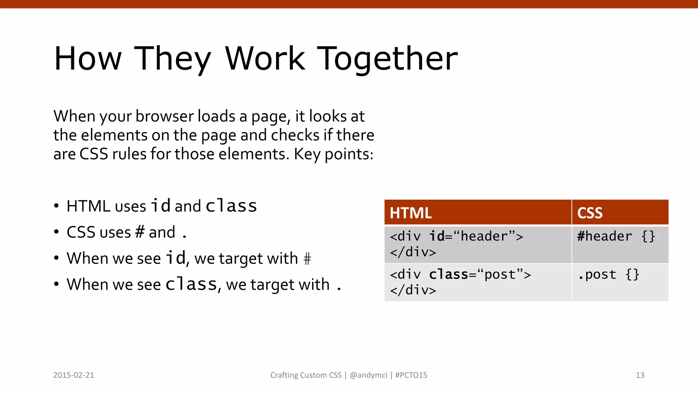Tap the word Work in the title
point(265,59)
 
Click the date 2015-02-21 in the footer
point(74,375)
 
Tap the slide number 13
point(640,375)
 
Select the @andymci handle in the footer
point(368,375)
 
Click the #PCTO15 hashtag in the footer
point(411,375)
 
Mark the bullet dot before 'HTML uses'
point(57,206)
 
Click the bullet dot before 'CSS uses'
point(57,232)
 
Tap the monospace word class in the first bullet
point(231,206)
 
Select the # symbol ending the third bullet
point(307,259)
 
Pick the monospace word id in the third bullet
point(176,258)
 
